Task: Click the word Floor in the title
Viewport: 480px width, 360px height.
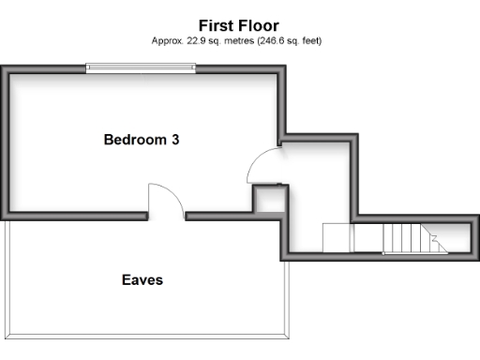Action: coord(258,25)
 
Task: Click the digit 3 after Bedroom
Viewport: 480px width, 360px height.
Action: coord(174,140)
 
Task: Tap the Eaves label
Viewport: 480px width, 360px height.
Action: coord(142,279)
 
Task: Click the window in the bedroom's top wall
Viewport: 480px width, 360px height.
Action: coord(142,67)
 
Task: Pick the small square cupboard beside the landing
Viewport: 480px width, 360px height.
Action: coord(271,200)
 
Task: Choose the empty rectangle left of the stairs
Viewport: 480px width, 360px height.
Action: coord(337,238)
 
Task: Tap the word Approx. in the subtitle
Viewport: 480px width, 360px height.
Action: coord(166,40)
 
